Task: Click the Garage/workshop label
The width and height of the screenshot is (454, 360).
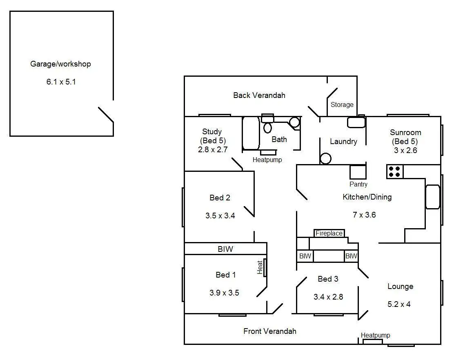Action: point(60,64)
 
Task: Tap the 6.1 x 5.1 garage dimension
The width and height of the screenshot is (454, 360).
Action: point(61,82)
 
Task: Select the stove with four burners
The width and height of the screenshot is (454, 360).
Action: point(395,171)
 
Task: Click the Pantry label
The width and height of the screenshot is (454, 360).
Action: point(358,184)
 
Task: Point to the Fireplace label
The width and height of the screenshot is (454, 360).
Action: point(329,233)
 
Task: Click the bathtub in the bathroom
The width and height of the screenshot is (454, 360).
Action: point(251,133)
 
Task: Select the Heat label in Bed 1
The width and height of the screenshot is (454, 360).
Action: point(260,268)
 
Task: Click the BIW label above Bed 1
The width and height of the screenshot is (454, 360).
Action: point(225,249)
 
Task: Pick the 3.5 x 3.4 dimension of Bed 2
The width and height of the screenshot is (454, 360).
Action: point(220,216)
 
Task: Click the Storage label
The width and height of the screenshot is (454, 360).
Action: point(342,105)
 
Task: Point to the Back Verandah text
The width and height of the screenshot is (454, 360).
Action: point(259,96)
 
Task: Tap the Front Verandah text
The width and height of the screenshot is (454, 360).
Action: point(270,331)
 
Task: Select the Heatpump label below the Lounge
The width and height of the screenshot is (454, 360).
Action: point(375,336)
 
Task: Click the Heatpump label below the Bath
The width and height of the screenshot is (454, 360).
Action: point(267,160)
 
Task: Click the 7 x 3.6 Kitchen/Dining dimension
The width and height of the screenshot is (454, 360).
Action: point(364,215)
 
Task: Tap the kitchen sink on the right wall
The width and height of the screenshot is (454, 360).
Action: point(432,197)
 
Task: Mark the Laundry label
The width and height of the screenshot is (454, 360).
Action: point(343,142)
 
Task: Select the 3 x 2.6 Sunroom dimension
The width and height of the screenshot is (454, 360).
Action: point(406,150)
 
